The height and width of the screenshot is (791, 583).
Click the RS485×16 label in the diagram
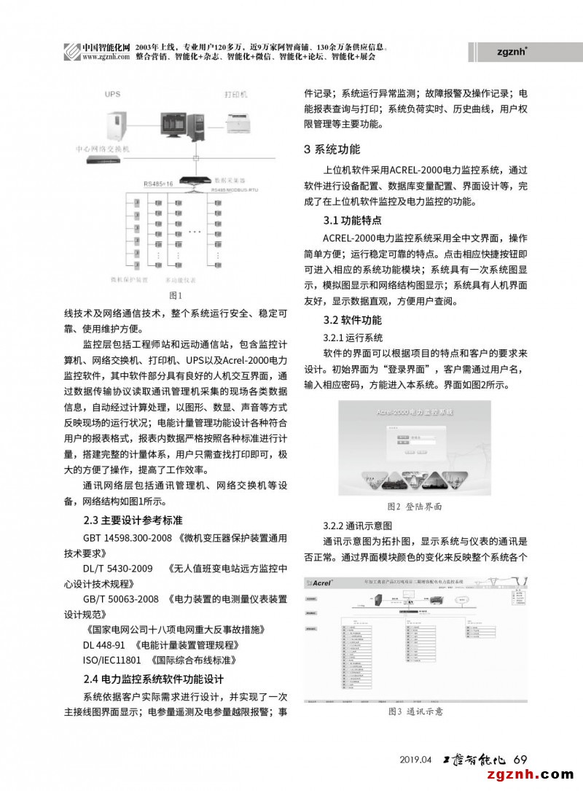pyautogui.click(x=157, y=184)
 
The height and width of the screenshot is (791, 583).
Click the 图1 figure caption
pyautogui.click(x=174, y=295)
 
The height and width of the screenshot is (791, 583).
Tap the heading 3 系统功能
pyautogui.click(x=332, y=150)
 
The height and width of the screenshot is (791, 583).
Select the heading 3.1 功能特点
pyautogui.click(x=352, y=220)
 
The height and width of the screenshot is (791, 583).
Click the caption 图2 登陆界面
pyautogui.click(x=413, y=505)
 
